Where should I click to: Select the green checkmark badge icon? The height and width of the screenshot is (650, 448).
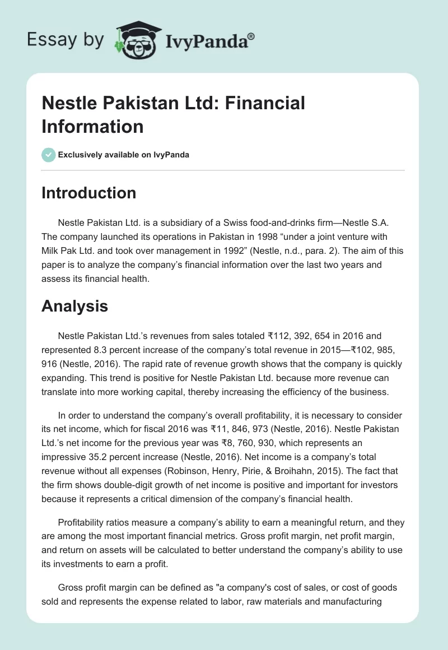(x=49, y=155)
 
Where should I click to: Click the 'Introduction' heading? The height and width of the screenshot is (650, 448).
(x=88, y=193)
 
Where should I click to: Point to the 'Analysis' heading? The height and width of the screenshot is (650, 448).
(x=74, y=306)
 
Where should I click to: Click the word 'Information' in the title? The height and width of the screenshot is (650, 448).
(x=92, y=126)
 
